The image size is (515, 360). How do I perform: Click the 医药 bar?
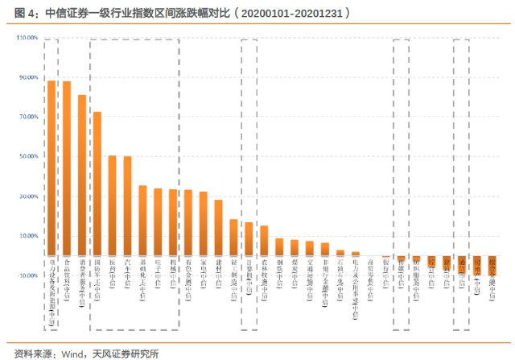[113, 205]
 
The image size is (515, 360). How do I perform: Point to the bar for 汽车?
[127, 205]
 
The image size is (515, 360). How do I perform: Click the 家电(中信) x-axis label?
[204, 279]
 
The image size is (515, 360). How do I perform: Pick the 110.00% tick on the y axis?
[27, 38]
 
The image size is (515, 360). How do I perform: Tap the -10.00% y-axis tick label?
[27, 275]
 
